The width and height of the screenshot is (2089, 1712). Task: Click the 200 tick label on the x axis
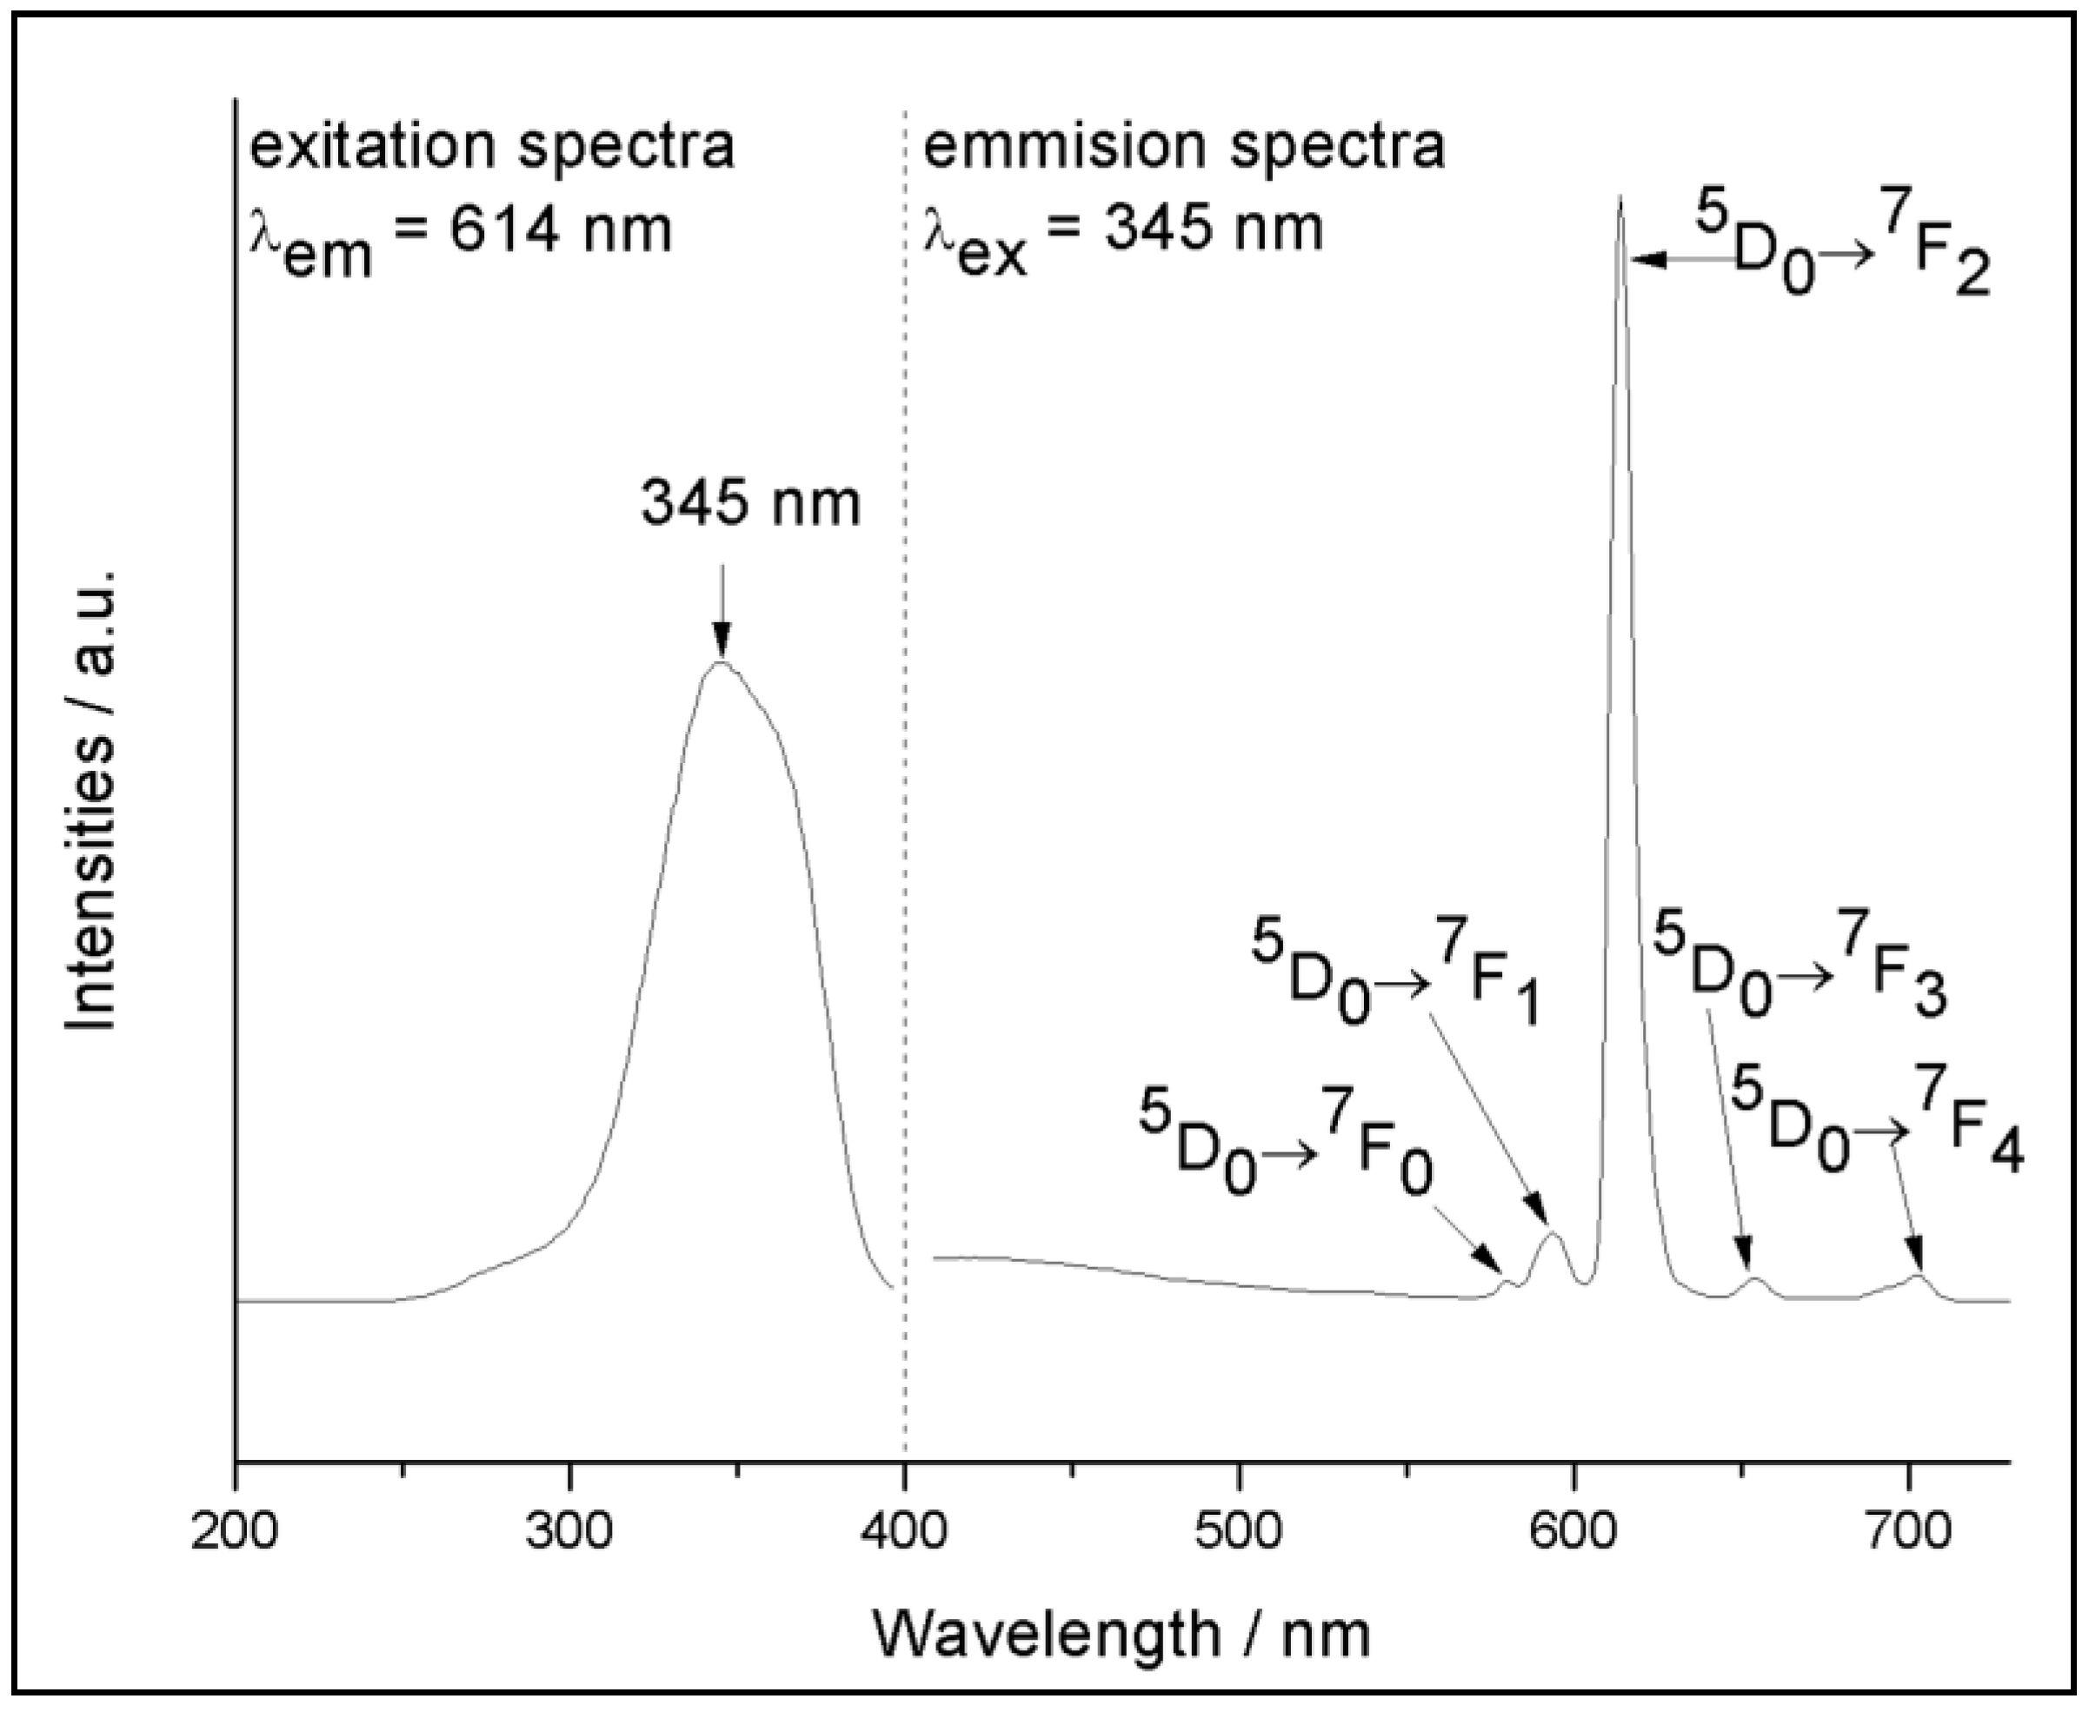[234, 1535]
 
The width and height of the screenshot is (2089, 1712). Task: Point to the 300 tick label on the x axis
[569, 1535]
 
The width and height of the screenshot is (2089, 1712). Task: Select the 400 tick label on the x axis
[904, 1535]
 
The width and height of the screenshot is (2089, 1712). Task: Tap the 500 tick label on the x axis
[1239, 1535]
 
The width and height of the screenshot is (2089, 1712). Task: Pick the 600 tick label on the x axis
[1574, 1535]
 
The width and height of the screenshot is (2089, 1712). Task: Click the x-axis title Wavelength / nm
[1121, 1634]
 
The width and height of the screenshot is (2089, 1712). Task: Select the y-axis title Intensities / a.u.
[90, 799]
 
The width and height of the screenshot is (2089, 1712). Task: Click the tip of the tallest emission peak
[1620, 198]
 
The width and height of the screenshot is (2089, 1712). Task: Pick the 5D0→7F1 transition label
[1395, 972]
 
